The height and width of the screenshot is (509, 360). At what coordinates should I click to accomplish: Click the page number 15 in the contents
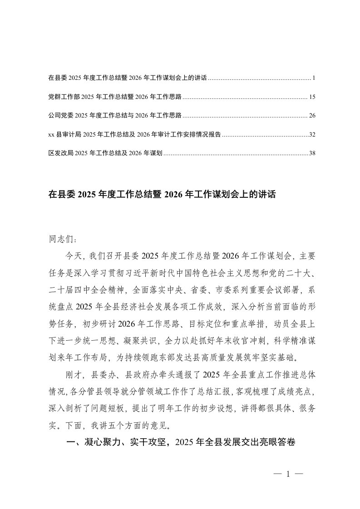311,97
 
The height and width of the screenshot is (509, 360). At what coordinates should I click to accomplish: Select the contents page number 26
311,116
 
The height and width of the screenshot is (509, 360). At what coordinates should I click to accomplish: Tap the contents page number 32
311,135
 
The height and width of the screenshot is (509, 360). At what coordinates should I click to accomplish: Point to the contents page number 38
311,153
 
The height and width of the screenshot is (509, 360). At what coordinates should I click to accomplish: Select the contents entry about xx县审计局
134,135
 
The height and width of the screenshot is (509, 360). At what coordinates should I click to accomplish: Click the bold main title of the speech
162,195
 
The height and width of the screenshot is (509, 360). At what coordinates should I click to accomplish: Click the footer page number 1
288,475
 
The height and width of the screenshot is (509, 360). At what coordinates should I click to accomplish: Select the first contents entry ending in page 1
127,78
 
